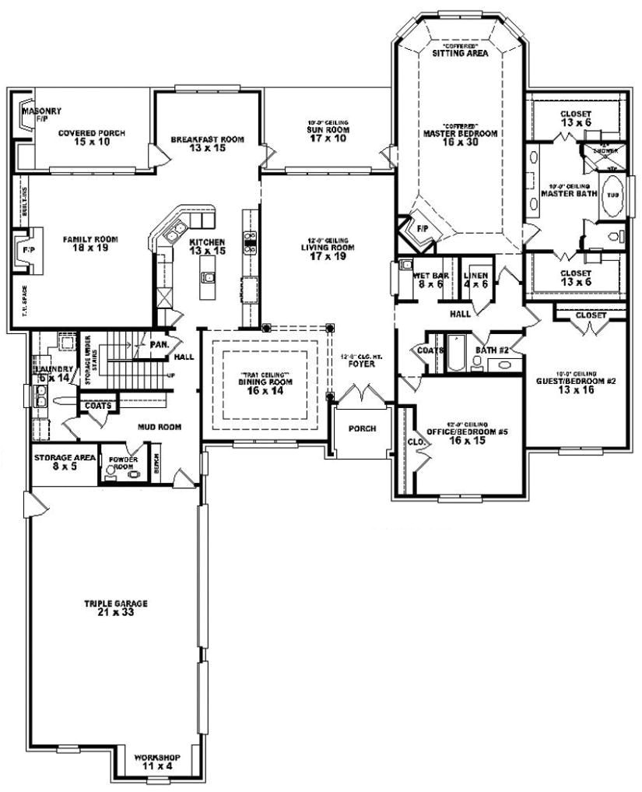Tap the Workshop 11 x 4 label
coord(157,761)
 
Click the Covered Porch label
coord(91,137)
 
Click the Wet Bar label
coord(428,280)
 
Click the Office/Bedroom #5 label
coord(467,435)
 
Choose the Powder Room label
coord(125,464)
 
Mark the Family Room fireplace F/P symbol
coord(19,251)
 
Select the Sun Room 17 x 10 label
coord(326,133)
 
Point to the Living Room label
coord(327,252)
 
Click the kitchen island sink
coord(207,276)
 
